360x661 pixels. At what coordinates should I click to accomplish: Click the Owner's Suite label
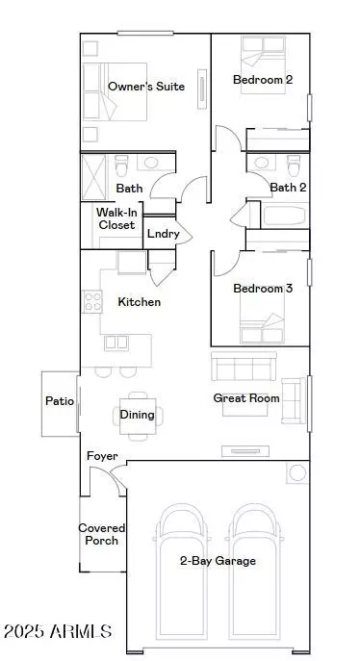tap(146, 87)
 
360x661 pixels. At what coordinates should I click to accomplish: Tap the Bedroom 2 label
tap(263, 80)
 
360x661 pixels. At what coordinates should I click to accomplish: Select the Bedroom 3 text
tap(263, 289)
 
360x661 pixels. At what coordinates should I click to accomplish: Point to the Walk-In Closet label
tap(116, 218)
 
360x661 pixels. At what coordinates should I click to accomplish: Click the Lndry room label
tap(159, 233)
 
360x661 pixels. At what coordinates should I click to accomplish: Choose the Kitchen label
tap(139, 301)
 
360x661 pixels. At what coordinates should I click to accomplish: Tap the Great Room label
tap(246, 397)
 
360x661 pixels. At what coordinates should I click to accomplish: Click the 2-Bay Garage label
tap(218, 560)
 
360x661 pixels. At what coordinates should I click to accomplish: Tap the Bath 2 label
tap(284, 188)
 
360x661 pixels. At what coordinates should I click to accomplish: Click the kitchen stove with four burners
tap(93, 302)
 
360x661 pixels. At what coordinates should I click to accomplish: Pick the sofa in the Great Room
tap(244, 368)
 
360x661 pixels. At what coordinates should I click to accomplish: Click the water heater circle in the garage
tap(296, 472)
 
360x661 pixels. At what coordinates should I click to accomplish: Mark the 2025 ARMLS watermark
tap(58, 632)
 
